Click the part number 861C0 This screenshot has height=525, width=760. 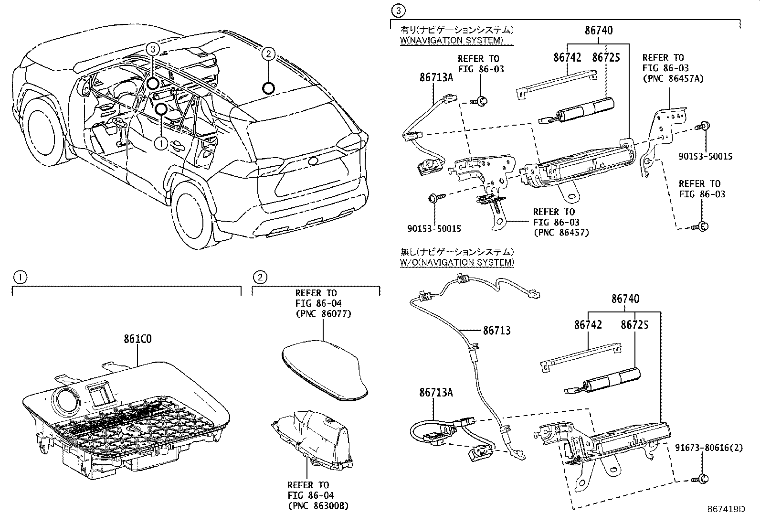(x=137, y=340)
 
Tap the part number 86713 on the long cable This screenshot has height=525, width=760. (x=496, y=330)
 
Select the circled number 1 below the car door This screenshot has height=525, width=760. (x=161, y=142)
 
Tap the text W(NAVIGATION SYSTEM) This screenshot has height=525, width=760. (x=451, y=40)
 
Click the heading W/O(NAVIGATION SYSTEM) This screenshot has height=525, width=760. (x=457, y=262)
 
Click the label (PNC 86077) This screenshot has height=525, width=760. (x=323, y=314)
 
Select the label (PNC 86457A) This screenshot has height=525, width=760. (x=673, y=78)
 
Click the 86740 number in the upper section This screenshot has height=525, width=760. (x=599, y=31)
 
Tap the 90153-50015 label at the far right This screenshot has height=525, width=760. (x=705, y=156)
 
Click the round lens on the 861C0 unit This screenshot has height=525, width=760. (x=67, y=398)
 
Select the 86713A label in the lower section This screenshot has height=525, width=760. (x=436, y=392)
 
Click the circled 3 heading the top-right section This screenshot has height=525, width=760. (x=397, y=10)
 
